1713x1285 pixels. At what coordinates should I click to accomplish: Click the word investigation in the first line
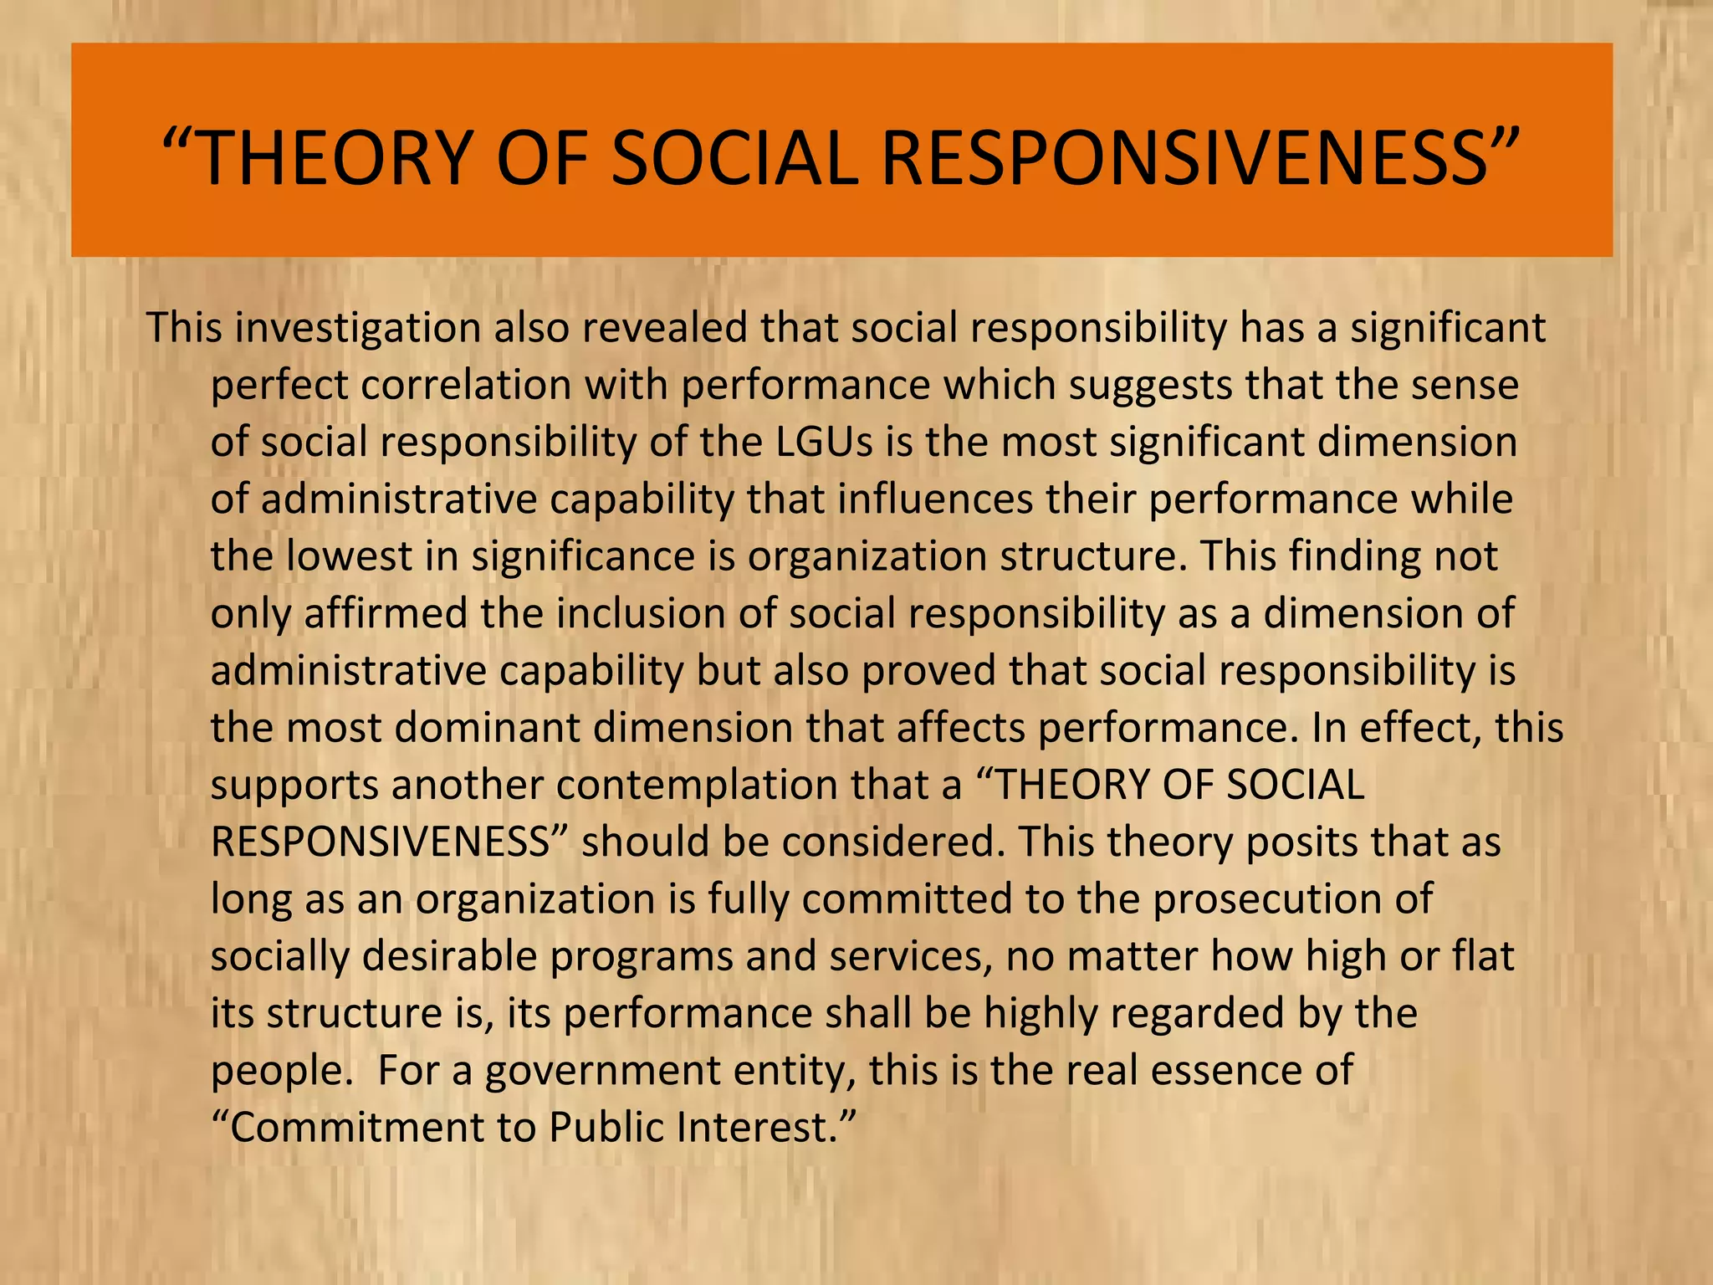click(357, 328)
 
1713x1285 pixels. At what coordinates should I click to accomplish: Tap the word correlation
click(465, 385)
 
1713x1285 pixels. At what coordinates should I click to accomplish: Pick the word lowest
click(349, 556)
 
